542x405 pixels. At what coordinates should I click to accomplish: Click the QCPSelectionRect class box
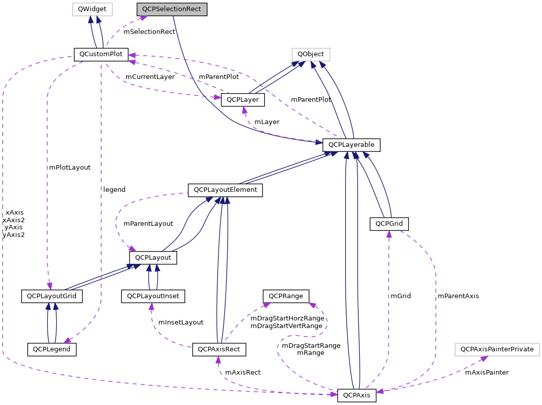[x=172, y=9]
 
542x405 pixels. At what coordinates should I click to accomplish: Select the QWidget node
[x=92, y=9]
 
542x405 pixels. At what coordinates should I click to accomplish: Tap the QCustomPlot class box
[x=101, y=54]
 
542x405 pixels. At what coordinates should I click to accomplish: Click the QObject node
[x=311, y=54]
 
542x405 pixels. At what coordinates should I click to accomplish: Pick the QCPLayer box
[x=242, y=100]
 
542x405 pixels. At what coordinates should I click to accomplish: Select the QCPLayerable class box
[x=351, y=145]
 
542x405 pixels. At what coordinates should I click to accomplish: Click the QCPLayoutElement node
[x=225, y=190]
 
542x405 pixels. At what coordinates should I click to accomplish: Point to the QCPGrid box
[x=389, y=224]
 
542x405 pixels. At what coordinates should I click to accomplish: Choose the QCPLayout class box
[x=153, y=258]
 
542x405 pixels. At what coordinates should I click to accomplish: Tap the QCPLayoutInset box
[x=153, y=296]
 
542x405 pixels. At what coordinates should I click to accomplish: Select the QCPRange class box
[x=285, y=296]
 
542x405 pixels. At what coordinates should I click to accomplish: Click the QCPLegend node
[x=51, y=349]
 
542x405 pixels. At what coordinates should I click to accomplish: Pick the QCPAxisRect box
[x=219, y=349]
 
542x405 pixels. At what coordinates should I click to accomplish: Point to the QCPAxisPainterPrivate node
[x=497, y=349]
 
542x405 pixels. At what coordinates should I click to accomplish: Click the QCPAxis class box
[x=357, y=395]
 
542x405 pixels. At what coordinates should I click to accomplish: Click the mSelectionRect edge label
[x=149, y=32]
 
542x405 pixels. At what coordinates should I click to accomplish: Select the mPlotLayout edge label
[x=70, y=167]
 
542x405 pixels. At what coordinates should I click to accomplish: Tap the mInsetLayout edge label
[x=181, y=322]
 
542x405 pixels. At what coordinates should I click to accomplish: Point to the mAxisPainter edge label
[x=486, y=373]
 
